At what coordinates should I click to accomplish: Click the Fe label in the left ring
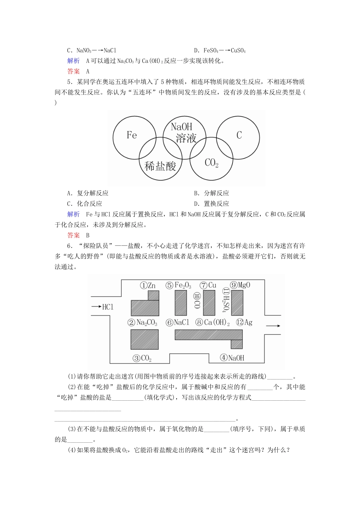coord(131,135)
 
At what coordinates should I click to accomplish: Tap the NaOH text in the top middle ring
coord(182,127)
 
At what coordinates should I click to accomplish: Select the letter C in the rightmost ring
coord(239,135)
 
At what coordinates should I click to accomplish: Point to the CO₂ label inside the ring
coord(211,163)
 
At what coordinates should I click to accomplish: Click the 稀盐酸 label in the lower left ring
coord(160,166)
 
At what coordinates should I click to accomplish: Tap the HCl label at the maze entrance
coord(108,307)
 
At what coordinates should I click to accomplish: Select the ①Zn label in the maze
coord(148,286)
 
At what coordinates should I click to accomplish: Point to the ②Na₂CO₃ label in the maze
coord(142,323)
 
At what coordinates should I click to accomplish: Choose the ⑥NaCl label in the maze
coord(177,323)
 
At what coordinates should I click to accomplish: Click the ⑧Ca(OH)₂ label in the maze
coord(213,323)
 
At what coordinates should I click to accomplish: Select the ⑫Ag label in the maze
coord(244,323)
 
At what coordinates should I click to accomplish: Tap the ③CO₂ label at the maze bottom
coord(142,358)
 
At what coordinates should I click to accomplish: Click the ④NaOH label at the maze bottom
coord(232,358)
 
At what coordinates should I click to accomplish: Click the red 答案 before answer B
coord(74,235)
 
